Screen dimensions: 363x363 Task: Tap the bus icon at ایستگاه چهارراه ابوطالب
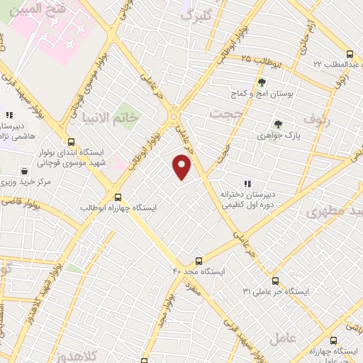tap(118, 197)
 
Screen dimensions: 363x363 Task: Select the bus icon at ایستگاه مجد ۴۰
tap(199, 261)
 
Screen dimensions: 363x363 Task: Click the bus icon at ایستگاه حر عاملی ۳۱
tap(275, 281)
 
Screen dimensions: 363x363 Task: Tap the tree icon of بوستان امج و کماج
tap(262, 82)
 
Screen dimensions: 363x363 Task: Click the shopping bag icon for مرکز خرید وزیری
tap(26, 171)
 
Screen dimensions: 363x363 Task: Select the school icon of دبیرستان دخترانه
tap(247, 184)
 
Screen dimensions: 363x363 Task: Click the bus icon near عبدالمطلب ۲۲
tap(349, 54)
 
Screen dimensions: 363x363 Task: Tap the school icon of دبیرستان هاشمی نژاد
tap(9, 114)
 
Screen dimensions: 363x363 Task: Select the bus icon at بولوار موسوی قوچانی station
tap(70, 141)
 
